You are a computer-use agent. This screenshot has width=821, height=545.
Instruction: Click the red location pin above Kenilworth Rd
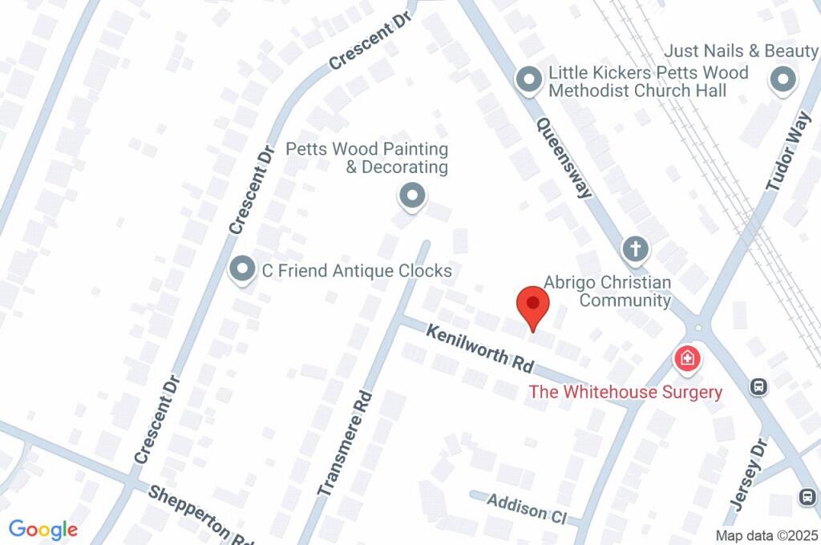[x=532, y=305]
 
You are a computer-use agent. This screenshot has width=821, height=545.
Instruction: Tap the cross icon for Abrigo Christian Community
[x=636, y=249]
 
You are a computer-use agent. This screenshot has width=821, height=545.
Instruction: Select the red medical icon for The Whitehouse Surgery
[x=687, y=357]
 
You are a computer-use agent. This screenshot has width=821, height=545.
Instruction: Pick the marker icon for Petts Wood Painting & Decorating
[x=412, y=196]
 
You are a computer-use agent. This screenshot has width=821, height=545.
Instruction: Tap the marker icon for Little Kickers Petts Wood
[x=528, y=80]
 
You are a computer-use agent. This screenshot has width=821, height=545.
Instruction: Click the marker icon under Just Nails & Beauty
[x=783, y=80]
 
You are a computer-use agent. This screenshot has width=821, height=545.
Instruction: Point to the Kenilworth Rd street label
[x=479, y=347]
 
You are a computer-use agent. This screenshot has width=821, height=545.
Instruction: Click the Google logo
[x=43, y=530]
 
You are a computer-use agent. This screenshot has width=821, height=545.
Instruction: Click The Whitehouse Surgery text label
[x=625, y=392]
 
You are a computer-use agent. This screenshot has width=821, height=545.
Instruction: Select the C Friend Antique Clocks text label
[x=357, y=271]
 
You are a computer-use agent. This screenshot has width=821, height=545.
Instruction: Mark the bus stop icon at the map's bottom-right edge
[x=807, y=497]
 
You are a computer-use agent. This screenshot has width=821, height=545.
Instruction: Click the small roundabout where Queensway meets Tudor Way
[x=698, y=328]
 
